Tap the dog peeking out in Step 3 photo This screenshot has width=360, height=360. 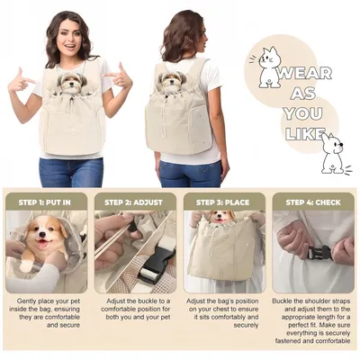click(220, 218)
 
